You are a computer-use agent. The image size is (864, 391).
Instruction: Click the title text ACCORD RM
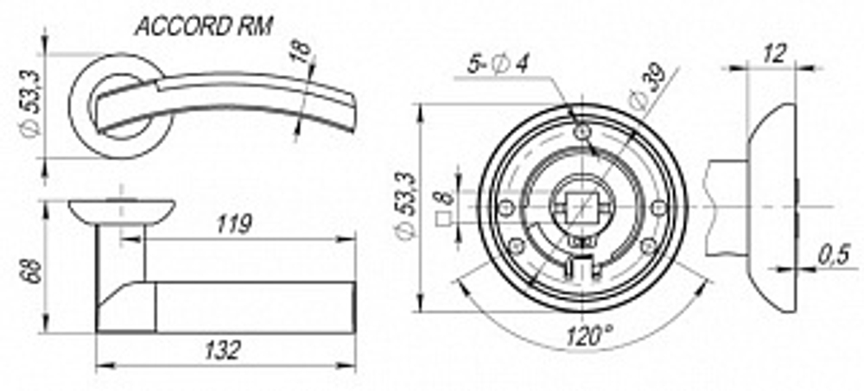[x=204, y=27]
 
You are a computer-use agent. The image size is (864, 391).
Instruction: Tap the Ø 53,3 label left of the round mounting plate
[x=406, y=208]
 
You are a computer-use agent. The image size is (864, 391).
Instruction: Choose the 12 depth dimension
[x=775, y=54]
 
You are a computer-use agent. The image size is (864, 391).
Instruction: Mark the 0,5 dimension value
[x=834, y=256]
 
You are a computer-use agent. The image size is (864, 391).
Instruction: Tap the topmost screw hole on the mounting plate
[x=585, y=130]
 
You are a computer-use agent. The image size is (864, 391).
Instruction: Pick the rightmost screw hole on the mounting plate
[x=659, y=206]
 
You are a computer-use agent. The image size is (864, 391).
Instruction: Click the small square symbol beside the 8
[x=444, y=218]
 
